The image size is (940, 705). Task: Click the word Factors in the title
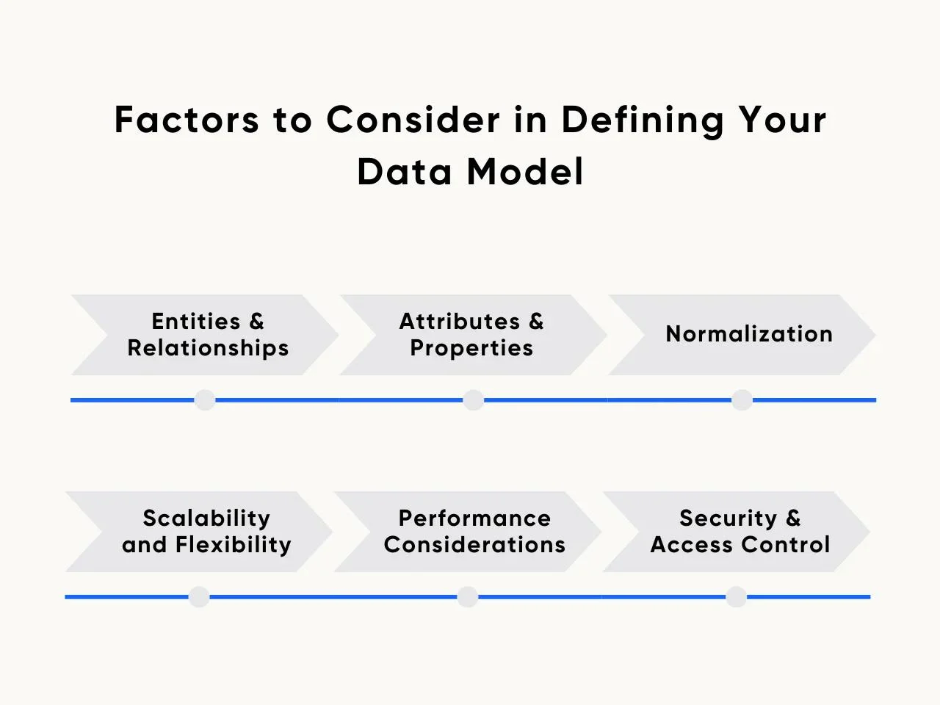pos(187,120)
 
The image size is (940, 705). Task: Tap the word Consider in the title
pos(413,120)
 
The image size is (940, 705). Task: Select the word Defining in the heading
pos(643,122)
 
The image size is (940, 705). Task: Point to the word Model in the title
pos(525,171)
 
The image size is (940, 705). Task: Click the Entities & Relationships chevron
pos(205,335)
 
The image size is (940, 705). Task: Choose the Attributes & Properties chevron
pos(473,335)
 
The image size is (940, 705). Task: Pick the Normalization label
pos(749,334)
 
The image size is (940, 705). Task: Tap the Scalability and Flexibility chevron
pos(199,532)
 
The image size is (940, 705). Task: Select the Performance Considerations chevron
pos(468,532)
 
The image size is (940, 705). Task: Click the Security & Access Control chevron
pos(736,532)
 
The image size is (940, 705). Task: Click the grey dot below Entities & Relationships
pos(205,399)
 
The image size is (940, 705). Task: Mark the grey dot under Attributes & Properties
pos(473,399)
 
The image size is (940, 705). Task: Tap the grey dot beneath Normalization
pos(742,399)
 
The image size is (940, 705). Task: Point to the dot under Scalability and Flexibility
pos(199,597)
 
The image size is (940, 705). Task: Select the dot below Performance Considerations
pos(468,597)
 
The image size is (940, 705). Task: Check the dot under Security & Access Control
pos(736,597)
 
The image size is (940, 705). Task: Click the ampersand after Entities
pos(256,322)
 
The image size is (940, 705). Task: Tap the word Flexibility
pos(234,546)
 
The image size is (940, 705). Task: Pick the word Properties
pos(471,349)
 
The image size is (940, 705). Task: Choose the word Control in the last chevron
pos(785,544)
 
